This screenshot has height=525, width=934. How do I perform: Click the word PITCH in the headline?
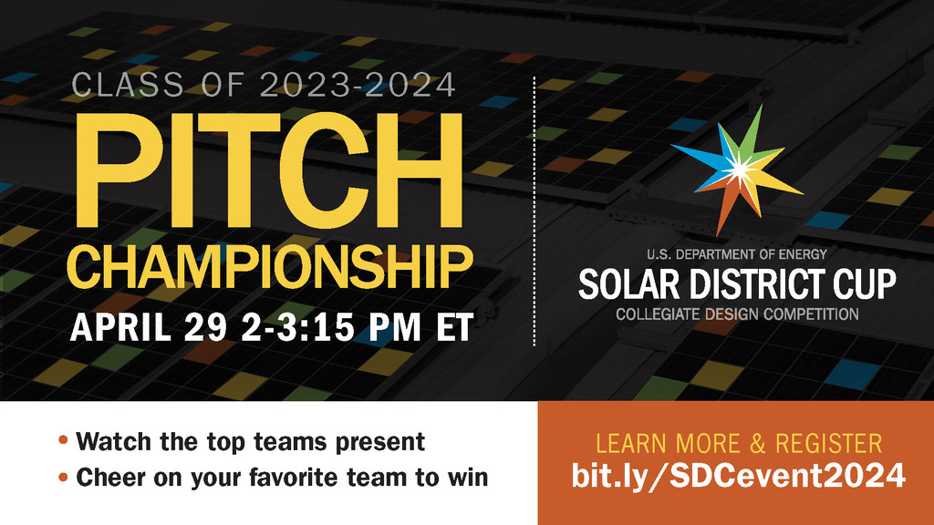coord(269,170)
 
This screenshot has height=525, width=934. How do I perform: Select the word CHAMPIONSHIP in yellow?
coord(270,268)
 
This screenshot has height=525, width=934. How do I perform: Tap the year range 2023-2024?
coord(358,85)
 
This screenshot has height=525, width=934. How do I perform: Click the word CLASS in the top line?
coord(128,85)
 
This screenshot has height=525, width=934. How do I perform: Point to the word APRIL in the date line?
coord(120,327)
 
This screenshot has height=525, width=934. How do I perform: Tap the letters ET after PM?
coord(454,327)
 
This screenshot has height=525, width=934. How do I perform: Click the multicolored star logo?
coord(737,170)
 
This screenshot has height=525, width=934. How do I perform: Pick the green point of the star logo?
coord(752,132)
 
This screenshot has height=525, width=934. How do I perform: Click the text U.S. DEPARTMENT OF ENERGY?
coord(737,254)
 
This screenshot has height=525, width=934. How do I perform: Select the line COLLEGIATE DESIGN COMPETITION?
coord(737,314)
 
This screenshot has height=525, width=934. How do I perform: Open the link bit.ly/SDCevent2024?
coord(739,476)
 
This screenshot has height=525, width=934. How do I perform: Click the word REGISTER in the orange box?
coord(828,444)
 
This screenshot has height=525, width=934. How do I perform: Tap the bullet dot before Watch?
coord(63,441)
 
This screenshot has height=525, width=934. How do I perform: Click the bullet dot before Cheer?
coord(63,477)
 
